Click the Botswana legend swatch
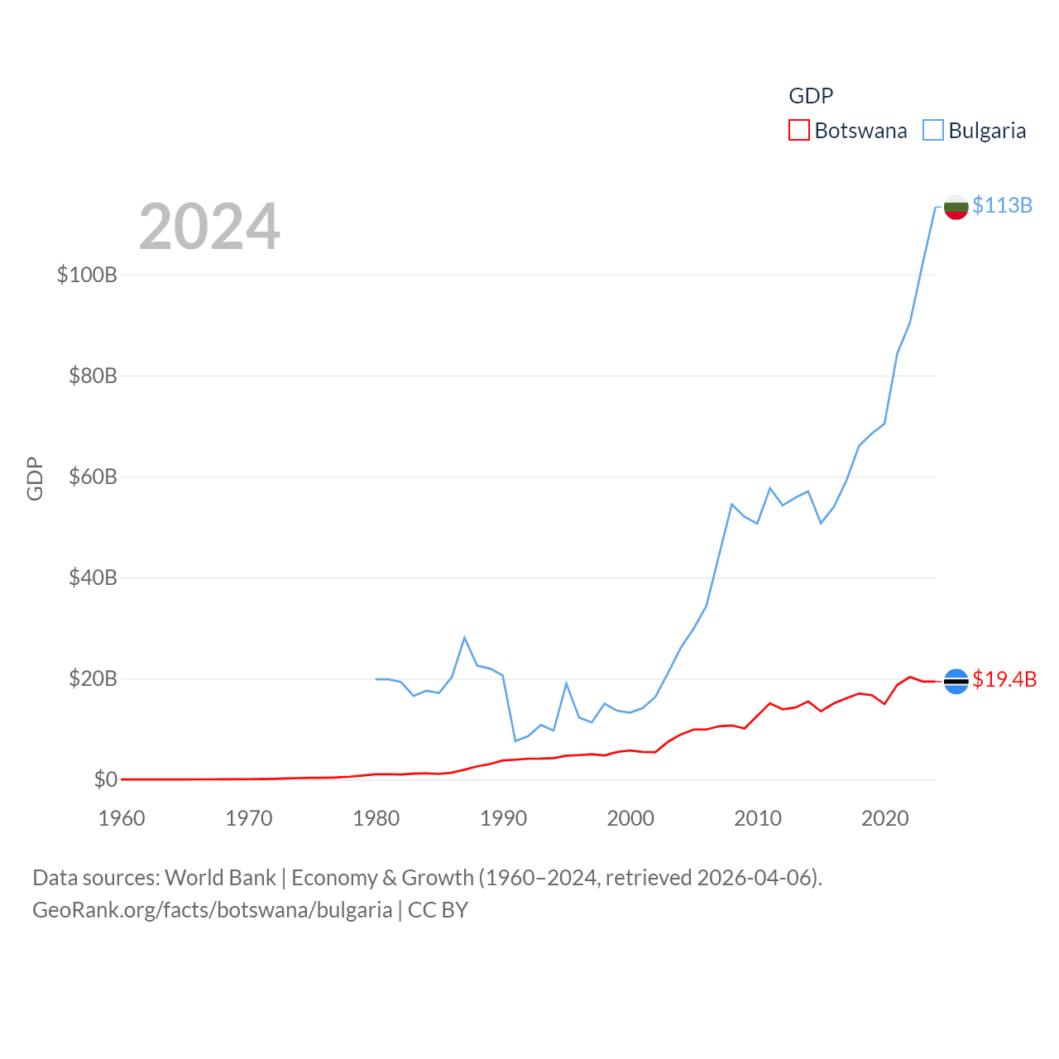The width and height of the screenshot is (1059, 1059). (798, 131)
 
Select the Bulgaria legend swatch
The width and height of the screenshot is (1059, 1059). (933, 131)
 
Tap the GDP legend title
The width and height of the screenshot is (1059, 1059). (811, 96)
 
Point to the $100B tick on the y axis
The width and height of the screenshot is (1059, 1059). (87, 275)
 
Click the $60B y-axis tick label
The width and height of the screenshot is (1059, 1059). (93, 477)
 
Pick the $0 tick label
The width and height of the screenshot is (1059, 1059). (105, 779)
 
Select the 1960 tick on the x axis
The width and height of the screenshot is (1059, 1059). (122, 818)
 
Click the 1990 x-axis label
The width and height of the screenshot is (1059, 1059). (503, 818)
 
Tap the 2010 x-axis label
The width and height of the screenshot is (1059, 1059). (758, 818)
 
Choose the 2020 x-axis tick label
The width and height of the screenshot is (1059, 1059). (885, 818)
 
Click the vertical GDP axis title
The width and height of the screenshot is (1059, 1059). (35, 478)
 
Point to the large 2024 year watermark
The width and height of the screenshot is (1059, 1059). (209, 227)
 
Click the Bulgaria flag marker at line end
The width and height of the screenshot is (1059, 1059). (956, 207)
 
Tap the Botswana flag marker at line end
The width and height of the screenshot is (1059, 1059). (956, 681)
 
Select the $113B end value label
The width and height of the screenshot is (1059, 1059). (1002, 205)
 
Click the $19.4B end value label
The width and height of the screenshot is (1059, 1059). (1004, 679)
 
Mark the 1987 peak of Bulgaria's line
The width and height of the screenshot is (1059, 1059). (465, 637)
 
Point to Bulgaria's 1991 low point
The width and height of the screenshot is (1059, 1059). (515, 740)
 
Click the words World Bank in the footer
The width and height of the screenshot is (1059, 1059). (220, 877)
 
